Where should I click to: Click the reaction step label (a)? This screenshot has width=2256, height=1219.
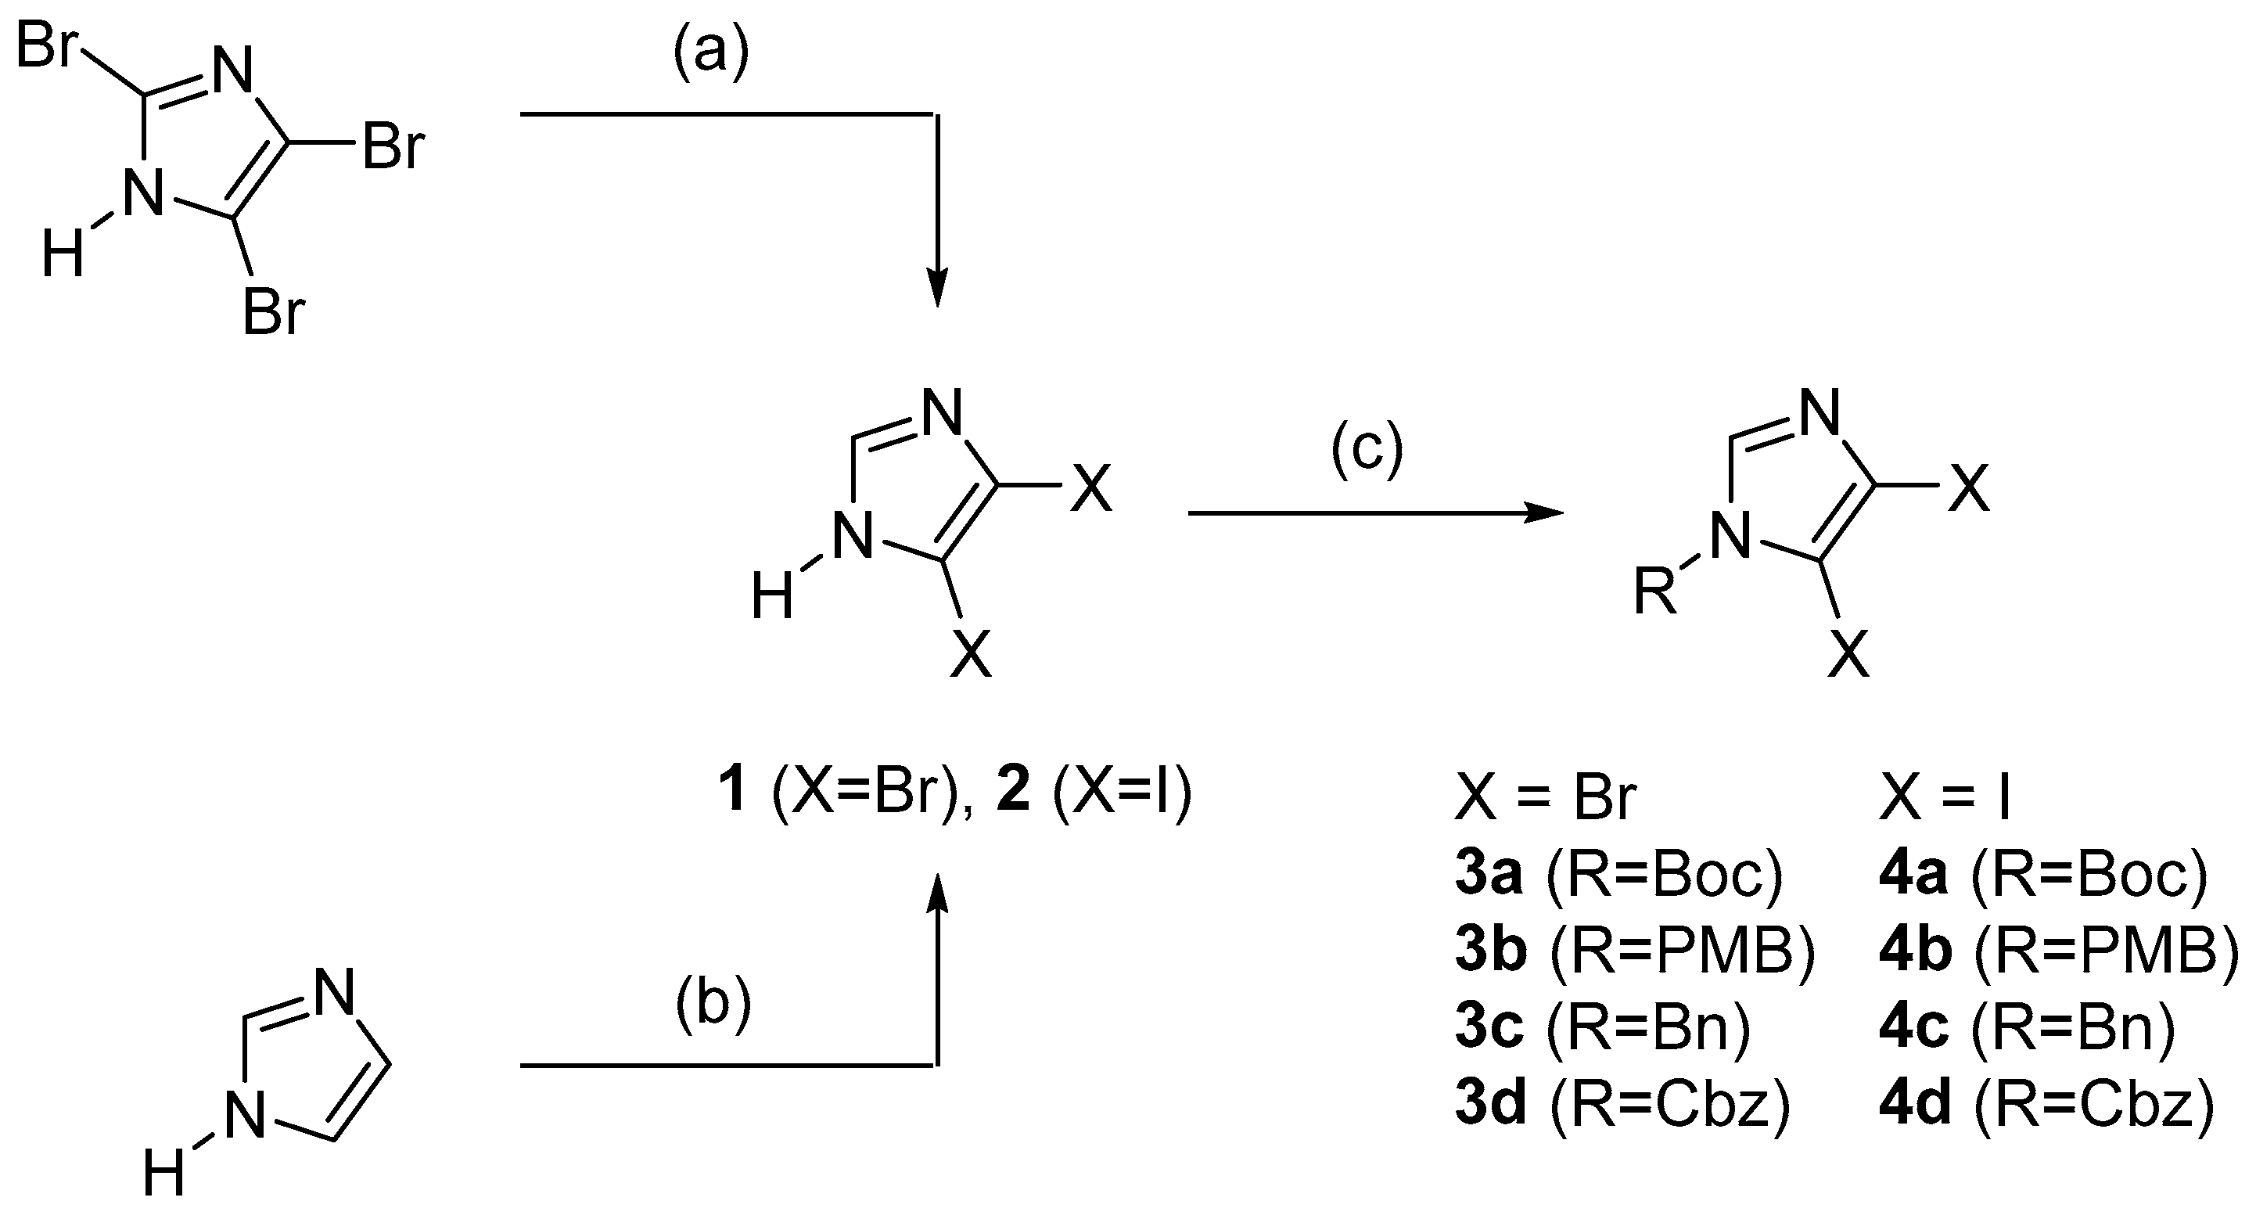[710, 54]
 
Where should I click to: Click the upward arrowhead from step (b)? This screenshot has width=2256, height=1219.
[937, 894]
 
